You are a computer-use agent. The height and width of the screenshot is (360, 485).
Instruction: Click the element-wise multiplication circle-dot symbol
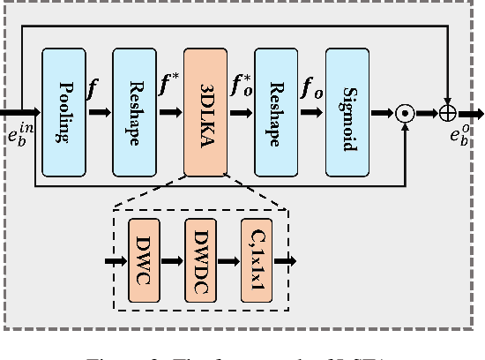pyautogui.click(x=405, y=113)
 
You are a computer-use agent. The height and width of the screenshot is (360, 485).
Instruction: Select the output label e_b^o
pyautogui.click(x=459, y=135)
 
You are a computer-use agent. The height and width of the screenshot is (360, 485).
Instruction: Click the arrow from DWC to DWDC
pyautogui.click(x=173, y=261)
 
